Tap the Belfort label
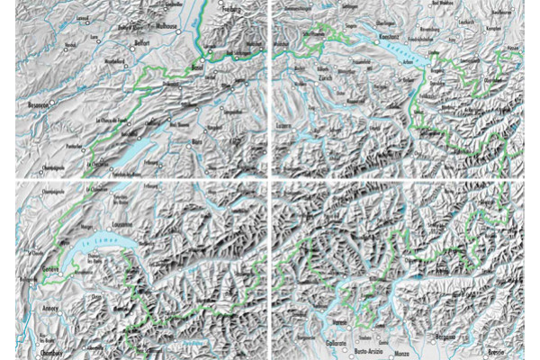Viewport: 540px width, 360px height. (x=135, y=41)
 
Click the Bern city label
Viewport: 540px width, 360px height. (x=197, y=141)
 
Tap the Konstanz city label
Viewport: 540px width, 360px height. (x=390, y=36)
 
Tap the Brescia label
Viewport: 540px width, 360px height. (x=499, y=351)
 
